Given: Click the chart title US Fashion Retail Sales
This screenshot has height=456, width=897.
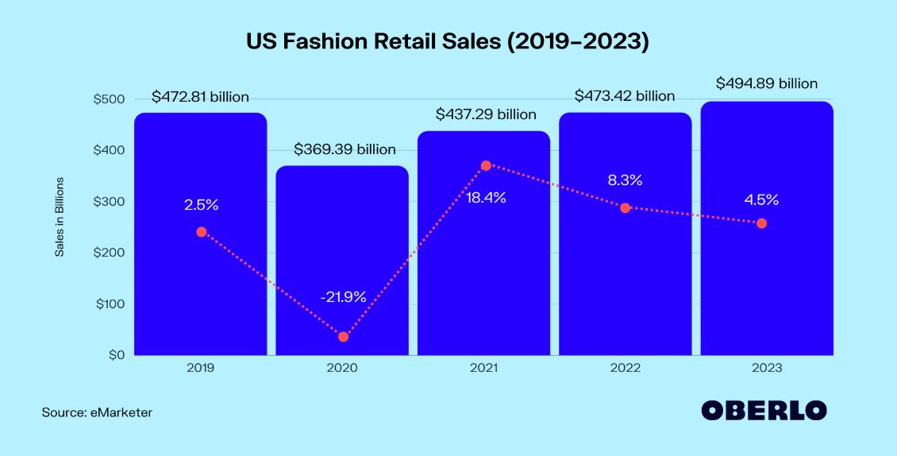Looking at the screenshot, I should coord(448,42).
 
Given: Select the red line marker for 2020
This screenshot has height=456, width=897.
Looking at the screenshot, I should coord(343,337).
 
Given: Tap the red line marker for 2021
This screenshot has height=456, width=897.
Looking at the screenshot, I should coord(486,165).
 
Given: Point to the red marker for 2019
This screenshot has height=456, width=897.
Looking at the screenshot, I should coord(202,232).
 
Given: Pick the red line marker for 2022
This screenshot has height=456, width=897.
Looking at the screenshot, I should coord(626,208).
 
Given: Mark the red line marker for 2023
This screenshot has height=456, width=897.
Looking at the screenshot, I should coord(762,223).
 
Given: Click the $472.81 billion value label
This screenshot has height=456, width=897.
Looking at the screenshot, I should coord(201,97).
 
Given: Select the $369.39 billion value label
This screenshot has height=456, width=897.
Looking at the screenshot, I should coord(345,149).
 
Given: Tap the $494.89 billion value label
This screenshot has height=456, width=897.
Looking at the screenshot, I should coord(766,83).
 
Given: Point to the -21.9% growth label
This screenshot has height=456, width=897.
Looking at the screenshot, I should coord(343,297).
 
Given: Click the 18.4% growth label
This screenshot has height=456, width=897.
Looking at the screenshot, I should coord(486,198).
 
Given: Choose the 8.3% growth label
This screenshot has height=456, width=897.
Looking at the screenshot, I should coord(625,180).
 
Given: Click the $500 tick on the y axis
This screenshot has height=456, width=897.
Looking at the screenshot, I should coord(109,99).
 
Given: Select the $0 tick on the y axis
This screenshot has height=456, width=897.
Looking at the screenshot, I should coord(115,355).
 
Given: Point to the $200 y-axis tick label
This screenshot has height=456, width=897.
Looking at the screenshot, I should coord(109,253).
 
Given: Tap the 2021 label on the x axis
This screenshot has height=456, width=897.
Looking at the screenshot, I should coord(483,369).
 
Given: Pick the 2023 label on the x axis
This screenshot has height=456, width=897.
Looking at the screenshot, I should coord(767,369).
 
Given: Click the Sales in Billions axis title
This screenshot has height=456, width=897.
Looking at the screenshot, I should coord(60,217).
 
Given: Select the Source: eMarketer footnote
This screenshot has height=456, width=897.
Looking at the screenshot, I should coord(97,413).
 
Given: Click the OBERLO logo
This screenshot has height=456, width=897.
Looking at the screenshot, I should coord(764,411).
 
